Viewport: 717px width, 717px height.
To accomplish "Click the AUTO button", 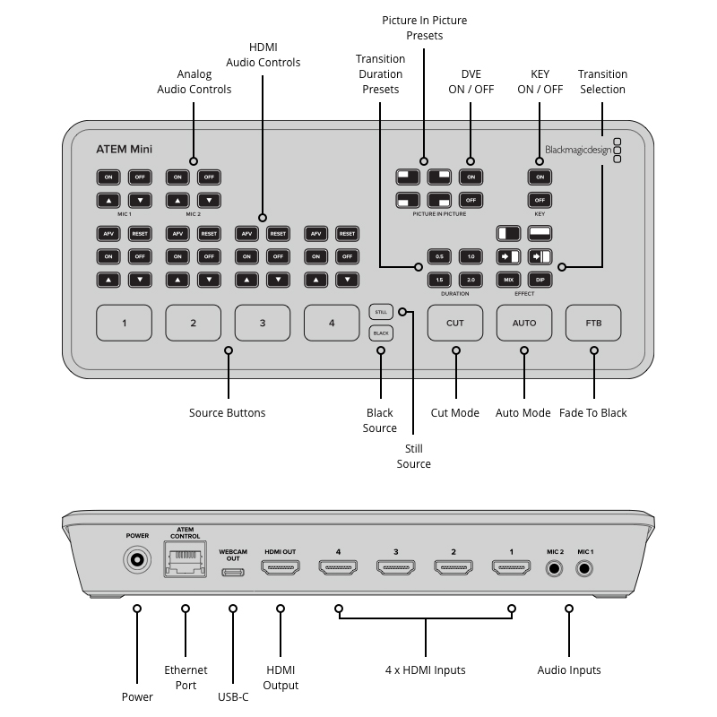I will (x=524, y=323).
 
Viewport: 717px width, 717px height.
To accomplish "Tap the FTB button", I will (x=593, y=323).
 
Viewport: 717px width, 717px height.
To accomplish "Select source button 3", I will (x=263, y=323).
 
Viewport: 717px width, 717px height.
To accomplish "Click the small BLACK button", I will (x=380, y=333).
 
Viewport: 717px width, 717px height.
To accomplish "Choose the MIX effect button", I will (x=508, y=280).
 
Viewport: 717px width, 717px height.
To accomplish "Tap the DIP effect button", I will (x=540, y=280).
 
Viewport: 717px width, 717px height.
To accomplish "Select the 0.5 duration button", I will (x=439, y=256).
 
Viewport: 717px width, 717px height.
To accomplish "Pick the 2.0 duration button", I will (x=471, y=280).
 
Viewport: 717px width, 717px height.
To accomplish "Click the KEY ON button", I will (x=540, y=177).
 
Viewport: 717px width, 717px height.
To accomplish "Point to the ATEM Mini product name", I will (x=124, y=149).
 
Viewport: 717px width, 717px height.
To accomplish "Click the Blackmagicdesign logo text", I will (x=578, y=150).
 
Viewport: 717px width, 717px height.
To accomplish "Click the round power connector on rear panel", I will (x=137, y=562).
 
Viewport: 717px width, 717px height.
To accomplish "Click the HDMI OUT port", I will (x=280, y=567).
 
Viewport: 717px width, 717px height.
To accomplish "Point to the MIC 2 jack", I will (x=555, y=567).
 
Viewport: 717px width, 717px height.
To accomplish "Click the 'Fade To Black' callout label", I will (x=593, y=413).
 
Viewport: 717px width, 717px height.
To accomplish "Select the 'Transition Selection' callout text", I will (x=602, y=82).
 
